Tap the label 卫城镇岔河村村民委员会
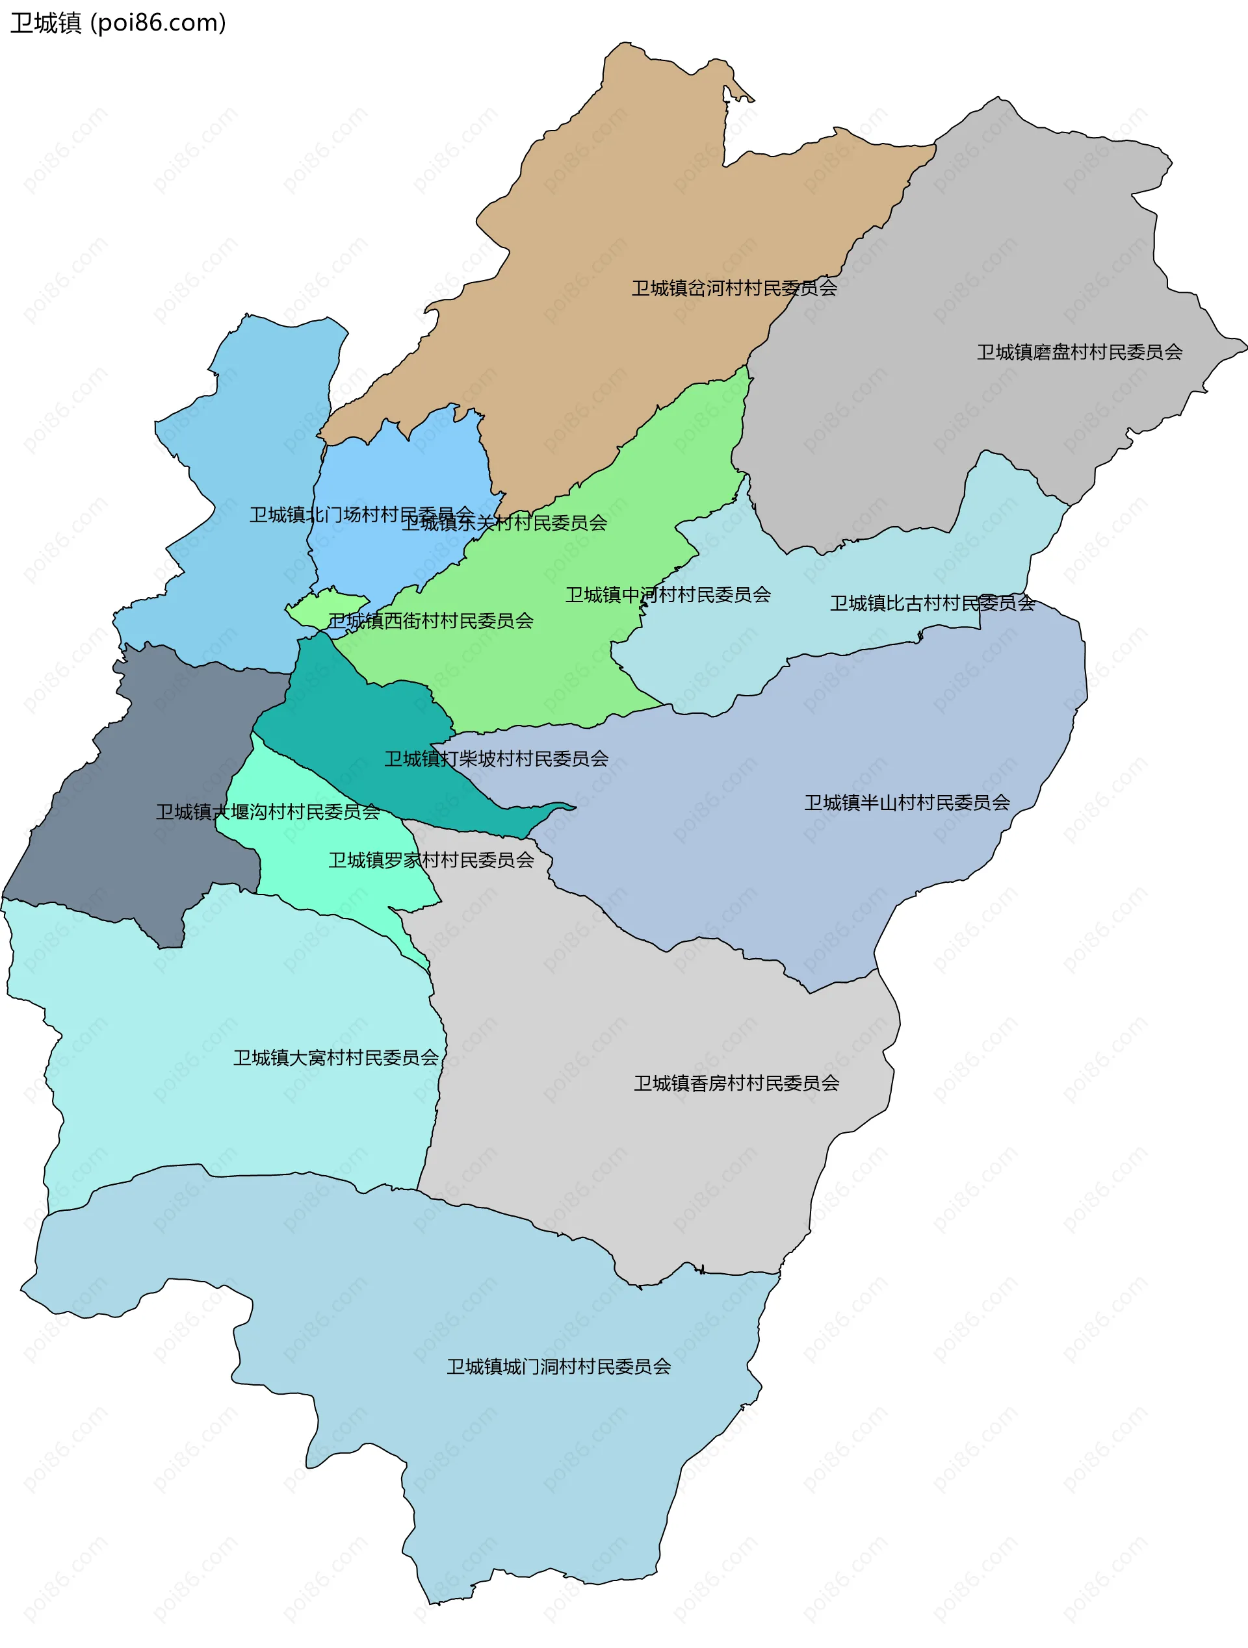(x=734, y=288)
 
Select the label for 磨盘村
(x=1079, y=352)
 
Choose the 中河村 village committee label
(x=668, y=594)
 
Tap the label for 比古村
(x=932, y=603)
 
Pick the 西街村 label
(x=431, y=620)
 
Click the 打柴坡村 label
(x=496, y=759)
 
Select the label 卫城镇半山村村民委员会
(x=907, y=802)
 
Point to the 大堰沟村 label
(x=268, y=811)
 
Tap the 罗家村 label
(x=431, y=860)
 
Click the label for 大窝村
(x=335, y=1058)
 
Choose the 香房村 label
(x=736, y=1084)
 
